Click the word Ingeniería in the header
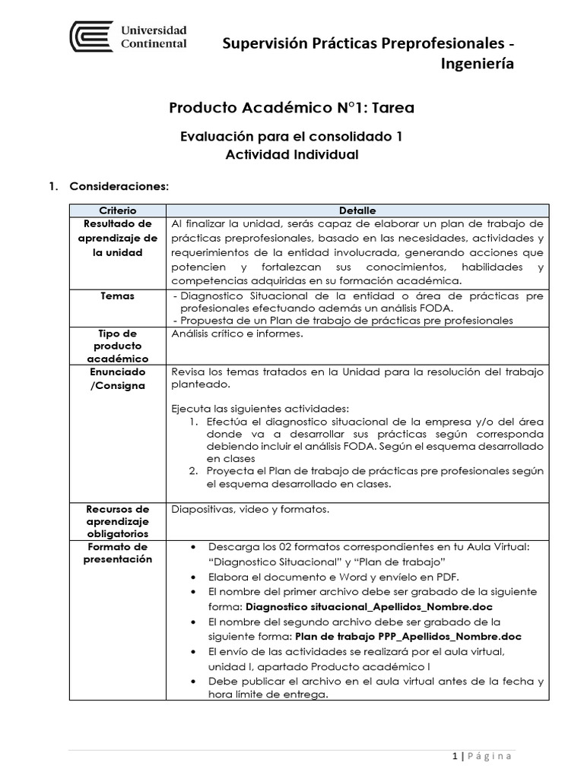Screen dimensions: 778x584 (x=477, y=64)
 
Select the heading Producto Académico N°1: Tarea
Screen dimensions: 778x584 (x=291, y=108)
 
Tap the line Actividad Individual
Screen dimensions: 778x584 (x=291, y=154)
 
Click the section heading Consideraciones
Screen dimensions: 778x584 (x=119, y=186)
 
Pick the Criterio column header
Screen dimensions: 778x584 (x=118, y=210)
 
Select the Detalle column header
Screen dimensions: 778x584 (x=357, y=210)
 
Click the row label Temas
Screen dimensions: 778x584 (x=118, y=296)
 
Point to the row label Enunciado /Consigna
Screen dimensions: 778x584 (x=118, y=378)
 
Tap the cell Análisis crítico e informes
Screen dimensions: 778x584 (x=237, y=334)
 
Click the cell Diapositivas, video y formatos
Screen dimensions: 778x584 (x=251, y=509)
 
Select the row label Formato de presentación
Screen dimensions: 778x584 (x=118, y=553)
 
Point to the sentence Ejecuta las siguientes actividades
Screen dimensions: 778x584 (x=260, y=407)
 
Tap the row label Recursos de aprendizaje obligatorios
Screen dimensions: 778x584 (x=118, y=522)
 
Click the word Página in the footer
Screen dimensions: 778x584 (x=490, y=756)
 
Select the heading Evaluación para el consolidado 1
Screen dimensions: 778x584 (x=291, y=137)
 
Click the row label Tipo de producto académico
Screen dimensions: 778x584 (x=118, y=346)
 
